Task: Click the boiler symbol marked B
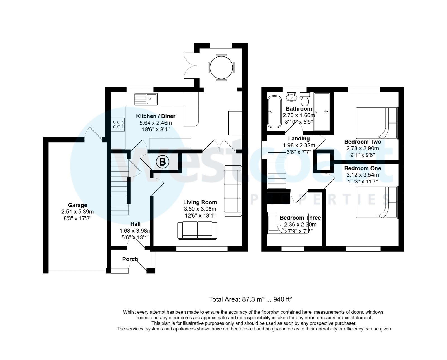pyautogui.click(x=162, y=162)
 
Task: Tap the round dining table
pyautogui.click(x=221, y=68)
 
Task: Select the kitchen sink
pyautogui.click(x=146, y=99)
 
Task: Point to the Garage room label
pyautogui.click(x=77, y=205)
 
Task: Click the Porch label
pyautogui.click(x=130, y=259)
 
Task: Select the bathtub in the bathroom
pyautogui.click(x=274, y=112)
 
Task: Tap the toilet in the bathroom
pyautogui.click(x=305, y=99)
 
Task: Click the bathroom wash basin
pyautogui.click(x=292, y=97)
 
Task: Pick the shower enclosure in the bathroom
pyautogui.click(x=322, y=112)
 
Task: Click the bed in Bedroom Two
pyautogui.click(x=376, y=123)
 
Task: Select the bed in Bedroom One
pyautogui.click(x=376, y=202)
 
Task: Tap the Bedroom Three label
pyautogui.click(x=300, y=218)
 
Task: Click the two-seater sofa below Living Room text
pyautogui.click(x=197, y=230)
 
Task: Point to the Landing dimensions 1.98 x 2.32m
pyautogui.click(x=299, y=145)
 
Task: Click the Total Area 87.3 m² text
pyautogui.click(x=250, y=299)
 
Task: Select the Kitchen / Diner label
pyautogui.click(x=156, y=116)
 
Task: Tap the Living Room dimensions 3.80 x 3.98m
pyautogui.click(x=200, y=209)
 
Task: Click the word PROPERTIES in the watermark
pyautogui.click(x=318, y=199)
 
